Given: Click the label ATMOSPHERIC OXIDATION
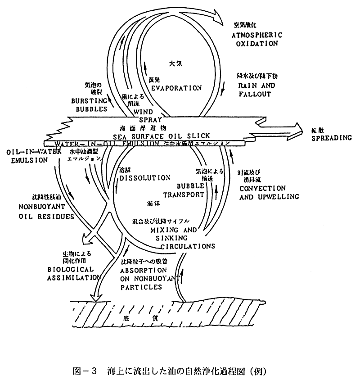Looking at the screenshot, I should (x=257, y=39).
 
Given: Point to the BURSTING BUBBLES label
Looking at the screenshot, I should (x=89, y=103).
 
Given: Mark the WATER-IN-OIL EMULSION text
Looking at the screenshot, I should (x=108, y=144).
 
